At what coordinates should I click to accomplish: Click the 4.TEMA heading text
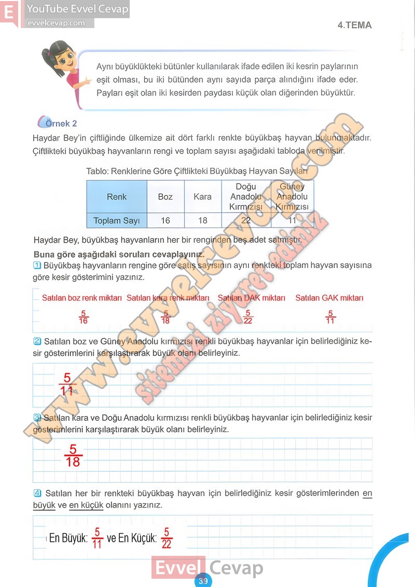(354, 25)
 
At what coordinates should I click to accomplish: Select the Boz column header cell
(165, 197)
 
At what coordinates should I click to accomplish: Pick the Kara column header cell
(202, 197)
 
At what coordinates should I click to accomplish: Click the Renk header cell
(117, 197)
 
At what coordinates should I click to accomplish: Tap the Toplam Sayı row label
(117, 221)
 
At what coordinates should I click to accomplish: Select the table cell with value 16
(165, 221)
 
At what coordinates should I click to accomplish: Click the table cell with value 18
(202, 221)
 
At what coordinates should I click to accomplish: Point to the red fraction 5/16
(83, 317)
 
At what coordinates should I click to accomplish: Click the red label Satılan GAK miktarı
(329, 298)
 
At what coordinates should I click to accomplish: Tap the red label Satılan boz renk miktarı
(82, 298)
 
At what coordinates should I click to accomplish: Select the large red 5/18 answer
(73, 455)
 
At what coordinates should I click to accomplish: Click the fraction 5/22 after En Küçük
(167, 538)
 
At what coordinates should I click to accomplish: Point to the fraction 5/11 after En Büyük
(97, 538)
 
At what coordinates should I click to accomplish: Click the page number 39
(203, 581)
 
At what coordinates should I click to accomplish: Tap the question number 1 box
(37, 265)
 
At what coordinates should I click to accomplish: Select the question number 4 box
(37, 493)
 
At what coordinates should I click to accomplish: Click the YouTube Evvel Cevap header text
(77, 9)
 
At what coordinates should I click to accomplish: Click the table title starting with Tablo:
(197, 171)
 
